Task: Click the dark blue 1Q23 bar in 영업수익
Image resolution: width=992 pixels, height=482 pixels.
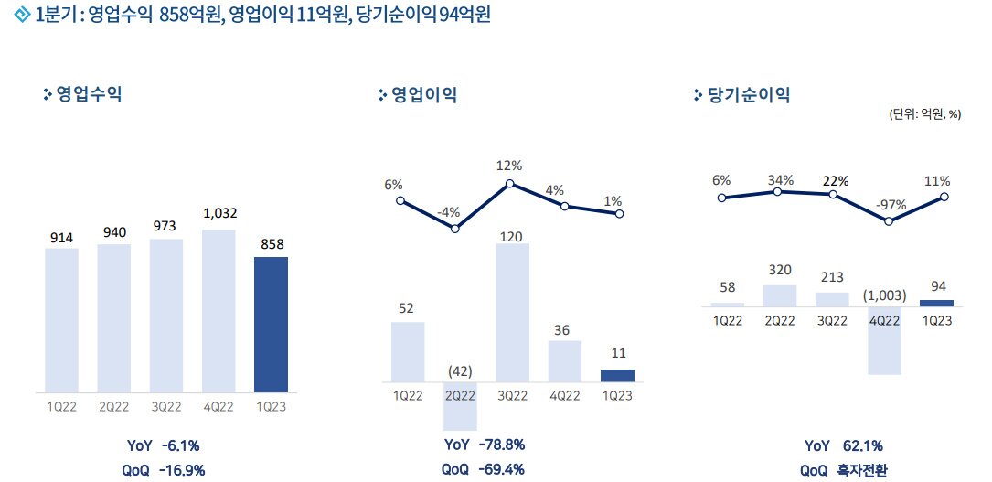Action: tap(271, 325)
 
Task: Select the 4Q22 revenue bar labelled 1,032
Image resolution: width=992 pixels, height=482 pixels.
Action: tap(219, 311)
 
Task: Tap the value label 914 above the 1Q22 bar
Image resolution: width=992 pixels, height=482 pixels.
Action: tap(62, 238)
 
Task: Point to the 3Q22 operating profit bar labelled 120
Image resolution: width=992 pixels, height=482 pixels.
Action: tap(512, 313)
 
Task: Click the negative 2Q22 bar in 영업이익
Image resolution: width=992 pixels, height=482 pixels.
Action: tap(460, 406)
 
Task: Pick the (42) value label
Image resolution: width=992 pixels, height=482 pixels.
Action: tap(460, 370)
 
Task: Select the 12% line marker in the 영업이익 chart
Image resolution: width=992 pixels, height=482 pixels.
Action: tap(510, 184)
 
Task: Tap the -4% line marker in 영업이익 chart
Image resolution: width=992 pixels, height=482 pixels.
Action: tap(455, 228)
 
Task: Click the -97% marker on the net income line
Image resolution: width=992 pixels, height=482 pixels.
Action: tap(889, 220)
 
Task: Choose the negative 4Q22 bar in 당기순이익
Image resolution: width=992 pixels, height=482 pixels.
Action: tap(884, 341)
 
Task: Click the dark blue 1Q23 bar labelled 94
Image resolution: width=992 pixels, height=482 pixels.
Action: tap(937, 304)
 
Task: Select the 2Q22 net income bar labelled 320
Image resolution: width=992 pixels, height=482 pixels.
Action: tap(779, 296)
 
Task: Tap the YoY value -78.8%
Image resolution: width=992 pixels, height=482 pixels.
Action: tap(502, 445)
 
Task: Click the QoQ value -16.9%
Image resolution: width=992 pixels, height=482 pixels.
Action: tap(182, 471)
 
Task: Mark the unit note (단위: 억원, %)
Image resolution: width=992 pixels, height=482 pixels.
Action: tap(925, 114)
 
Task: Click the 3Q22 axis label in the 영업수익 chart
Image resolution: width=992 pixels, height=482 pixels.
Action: tap(165, 407)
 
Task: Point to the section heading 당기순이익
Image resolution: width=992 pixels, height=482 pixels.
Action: tap(749, 95)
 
